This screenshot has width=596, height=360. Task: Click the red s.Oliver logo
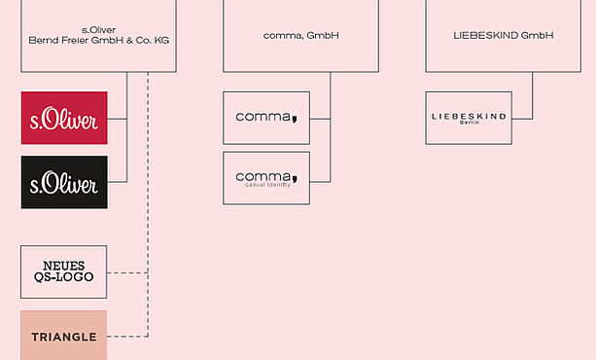click(64, 118)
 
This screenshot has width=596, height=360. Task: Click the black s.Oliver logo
click(64, 182)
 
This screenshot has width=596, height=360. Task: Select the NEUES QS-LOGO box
click(64, 272)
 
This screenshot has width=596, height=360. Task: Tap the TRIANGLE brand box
click(64, 336)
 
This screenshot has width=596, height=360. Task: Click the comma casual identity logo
click(266, 178)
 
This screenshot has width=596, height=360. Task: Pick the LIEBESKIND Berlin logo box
click(469, 118)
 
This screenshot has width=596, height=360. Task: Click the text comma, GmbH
click(300, 35)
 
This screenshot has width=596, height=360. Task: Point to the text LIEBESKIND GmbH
click(504, 35)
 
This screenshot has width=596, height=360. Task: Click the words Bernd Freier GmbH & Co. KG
click(99, 40)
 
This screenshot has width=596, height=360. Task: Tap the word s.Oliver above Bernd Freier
click(99, 30)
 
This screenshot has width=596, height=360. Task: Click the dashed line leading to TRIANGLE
click(127, 337)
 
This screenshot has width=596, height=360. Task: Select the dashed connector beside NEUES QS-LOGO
click(127, 272)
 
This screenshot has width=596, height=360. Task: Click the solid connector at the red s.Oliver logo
click(118, 119)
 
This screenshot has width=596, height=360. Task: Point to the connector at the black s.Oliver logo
click(118, 182)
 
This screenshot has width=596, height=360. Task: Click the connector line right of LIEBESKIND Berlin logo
click(522, 119)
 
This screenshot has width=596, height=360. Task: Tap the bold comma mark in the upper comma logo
click(295, 119)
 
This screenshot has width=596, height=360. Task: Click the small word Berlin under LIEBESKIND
click(469, 123)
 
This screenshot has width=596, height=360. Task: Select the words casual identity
click(267, 185)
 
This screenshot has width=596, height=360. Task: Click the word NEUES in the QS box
click(64, 266)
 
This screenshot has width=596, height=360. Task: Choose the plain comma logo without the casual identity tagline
click(266, 118)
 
